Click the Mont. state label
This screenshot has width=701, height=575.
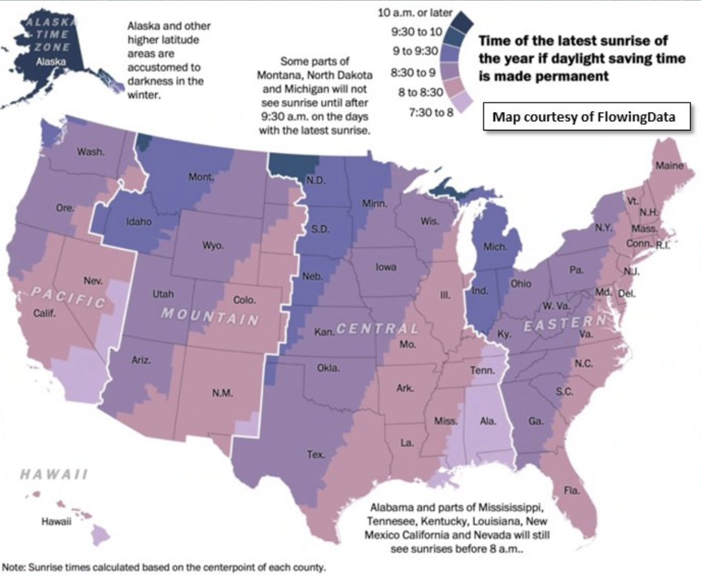(201, 177)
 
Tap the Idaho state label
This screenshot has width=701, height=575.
(139, 221)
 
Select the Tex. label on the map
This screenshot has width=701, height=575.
(316, 455)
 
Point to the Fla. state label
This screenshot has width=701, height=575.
(572, 491)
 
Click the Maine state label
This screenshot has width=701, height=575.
(669, 166)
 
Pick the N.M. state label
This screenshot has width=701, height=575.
(222, 393)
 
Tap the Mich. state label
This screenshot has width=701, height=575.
(495, 247)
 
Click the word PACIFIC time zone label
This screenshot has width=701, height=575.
(68, 298)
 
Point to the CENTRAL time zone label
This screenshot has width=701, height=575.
(377, 329)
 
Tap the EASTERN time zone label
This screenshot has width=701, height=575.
(565, 323)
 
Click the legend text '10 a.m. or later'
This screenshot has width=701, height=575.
(415, 13)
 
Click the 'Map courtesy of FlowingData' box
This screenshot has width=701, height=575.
(583, 117)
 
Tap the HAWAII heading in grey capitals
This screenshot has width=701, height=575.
(54, 475)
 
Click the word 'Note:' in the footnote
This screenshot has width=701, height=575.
(14, 566)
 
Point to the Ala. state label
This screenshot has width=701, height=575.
(488, 421)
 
